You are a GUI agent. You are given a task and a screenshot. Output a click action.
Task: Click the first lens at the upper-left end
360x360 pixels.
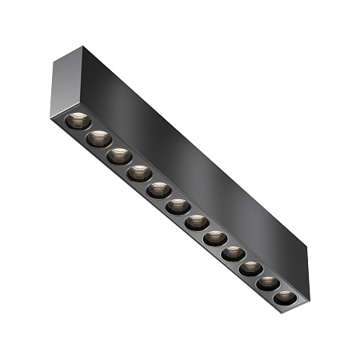[x=78, y=121]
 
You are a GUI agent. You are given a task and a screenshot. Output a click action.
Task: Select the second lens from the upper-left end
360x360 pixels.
[x=99, y=138]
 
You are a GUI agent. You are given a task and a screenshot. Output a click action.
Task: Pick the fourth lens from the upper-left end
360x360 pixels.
[x=139, y=172]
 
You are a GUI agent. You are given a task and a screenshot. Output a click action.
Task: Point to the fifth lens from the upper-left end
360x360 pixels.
[x=158, y=189]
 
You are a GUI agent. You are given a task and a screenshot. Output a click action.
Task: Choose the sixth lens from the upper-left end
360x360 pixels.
[x=178, y=206]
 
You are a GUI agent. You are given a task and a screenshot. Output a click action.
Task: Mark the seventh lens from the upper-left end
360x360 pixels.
[x=196, y=222]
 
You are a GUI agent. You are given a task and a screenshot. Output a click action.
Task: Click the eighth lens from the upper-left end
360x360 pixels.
[x=214, y=238]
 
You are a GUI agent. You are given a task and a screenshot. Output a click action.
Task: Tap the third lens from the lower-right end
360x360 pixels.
[x=250, y=268]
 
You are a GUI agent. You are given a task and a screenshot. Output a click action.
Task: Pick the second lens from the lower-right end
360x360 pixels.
[x=268, y=283]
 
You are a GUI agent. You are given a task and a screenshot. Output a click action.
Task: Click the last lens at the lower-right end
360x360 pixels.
[x=283, y=298]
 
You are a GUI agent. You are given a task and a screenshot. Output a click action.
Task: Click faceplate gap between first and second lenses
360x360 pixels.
[x=89, y=130]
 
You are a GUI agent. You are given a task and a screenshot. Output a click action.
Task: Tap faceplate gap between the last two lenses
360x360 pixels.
[x=276, y=290]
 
